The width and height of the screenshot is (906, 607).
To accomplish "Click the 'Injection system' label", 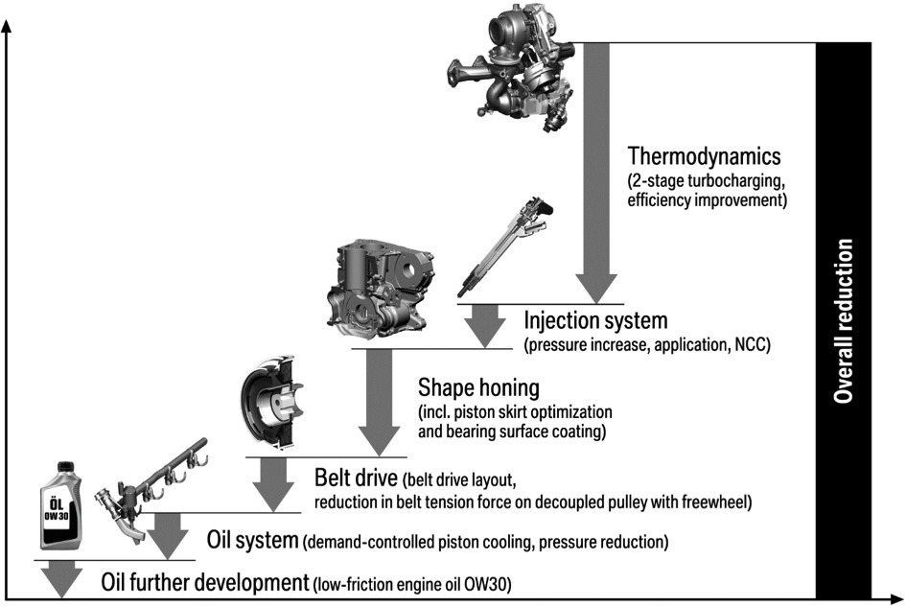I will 595,319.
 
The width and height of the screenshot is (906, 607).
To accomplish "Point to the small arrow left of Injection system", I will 486,324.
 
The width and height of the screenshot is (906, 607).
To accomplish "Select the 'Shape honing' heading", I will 479,388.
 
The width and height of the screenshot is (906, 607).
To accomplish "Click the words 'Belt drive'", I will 357,477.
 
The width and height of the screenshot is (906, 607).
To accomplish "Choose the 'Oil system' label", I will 252,540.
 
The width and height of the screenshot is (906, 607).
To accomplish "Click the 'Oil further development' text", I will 205,582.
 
